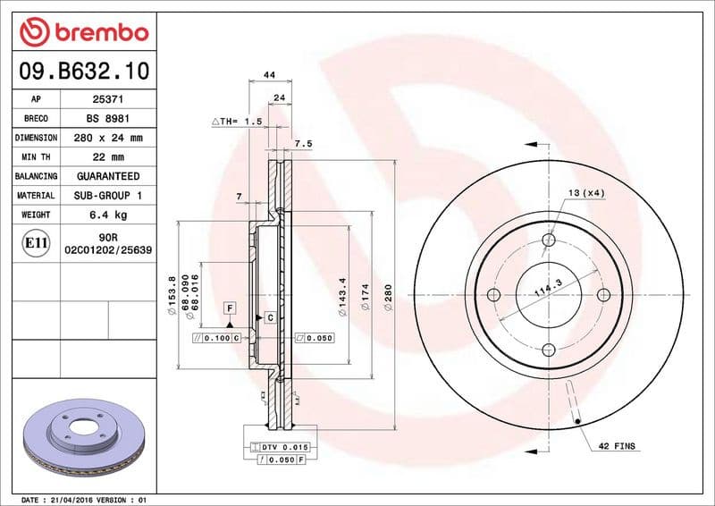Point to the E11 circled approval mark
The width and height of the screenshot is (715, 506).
(37, 242)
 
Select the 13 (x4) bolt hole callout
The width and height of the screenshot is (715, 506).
(585, 193)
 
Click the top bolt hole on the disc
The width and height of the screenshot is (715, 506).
(548, 240)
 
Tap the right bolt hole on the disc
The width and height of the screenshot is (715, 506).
(603, 295)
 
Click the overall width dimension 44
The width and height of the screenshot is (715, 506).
(268, 76)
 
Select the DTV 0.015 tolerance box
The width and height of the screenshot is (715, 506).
(282, 446)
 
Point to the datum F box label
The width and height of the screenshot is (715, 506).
(230, 308)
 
